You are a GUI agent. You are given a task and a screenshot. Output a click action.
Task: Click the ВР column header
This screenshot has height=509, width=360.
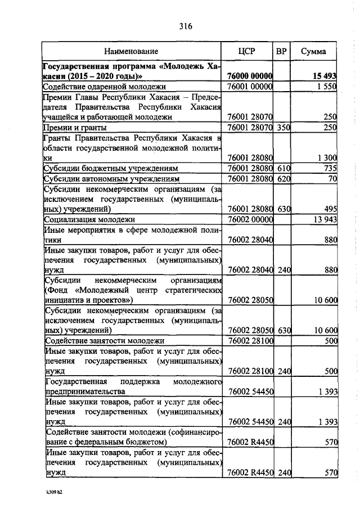coord(282,52)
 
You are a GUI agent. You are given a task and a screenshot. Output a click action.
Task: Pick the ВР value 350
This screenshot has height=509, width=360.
coord(282,128)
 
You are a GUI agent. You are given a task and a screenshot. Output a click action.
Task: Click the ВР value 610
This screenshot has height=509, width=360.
coord(282,168)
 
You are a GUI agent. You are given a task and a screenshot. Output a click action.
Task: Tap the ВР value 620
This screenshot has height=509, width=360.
coord(282,178)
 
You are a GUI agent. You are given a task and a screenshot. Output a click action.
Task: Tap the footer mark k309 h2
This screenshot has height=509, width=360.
coord(55,493)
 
